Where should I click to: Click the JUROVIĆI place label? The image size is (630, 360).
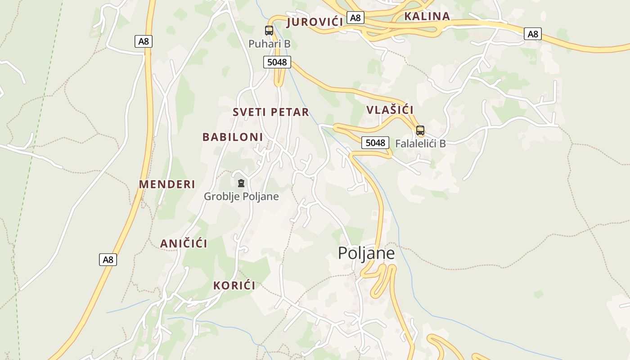click(x=315, y=22)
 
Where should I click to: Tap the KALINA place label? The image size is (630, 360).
click(x=427, y=16)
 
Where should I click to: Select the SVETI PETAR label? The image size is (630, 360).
click(x=271, y=112)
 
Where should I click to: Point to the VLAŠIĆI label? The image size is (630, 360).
click(x=390, y=110)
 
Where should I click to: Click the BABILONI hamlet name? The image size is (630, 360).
click(x=233, y=137)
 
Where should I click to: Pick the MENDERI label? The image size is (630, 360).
click(x=167, y=184)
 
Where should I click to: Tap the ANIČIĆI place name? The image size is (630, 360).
click(x=184, y=243)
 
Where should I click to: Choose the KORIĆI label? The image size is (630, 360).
click(x=234, y=285)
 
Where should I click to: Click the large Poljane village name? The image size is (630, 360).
click(x=366, y=253)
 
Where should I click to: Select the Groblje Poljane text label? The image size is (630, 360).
click(x=241, y=197)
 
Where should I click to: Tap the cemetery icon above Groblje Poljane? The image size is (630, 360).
click(x=241, y=183)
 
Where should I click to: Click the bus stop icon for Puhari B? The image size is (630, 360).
click(x=269, y=31)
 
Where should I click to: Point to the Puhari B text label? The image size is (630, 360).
click(x=270, y=44)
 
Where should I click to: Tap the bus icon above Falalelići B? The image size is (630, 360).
click(x=420, y=130)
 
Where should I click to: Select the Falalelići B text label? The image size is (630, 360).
click(x=420, y=144)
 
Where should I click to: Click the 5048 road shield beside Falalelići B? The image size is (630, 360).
click(x=375, y=143)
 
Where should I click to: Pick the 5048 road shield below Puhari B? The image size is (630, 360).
click(x=277, y=62)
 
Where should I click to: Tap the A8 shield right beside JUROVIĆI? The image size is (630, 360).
click(x=355, y=18)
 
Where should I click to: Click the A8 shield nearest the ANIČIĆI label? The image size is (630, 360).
click(x=108, y=260)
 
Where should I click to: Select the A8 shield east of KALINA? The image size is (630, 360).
click(x=533, y=34)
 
